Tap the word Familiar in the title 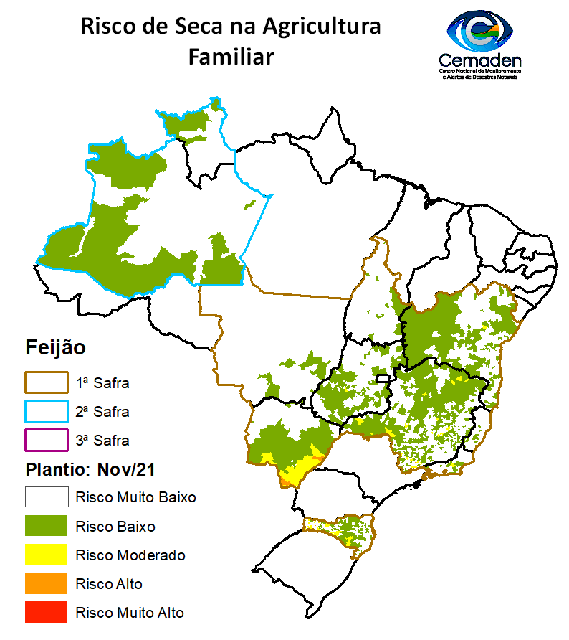pos(231,57)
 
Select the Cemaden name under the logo pos(479,62)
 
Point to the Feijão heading pos(55,348)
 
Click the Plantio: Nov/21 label pos(91,469)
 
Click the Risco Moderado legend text pos(130,555)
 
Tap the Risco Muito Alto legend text pos(129,613)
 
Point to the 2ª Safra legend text pos(102,412)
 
